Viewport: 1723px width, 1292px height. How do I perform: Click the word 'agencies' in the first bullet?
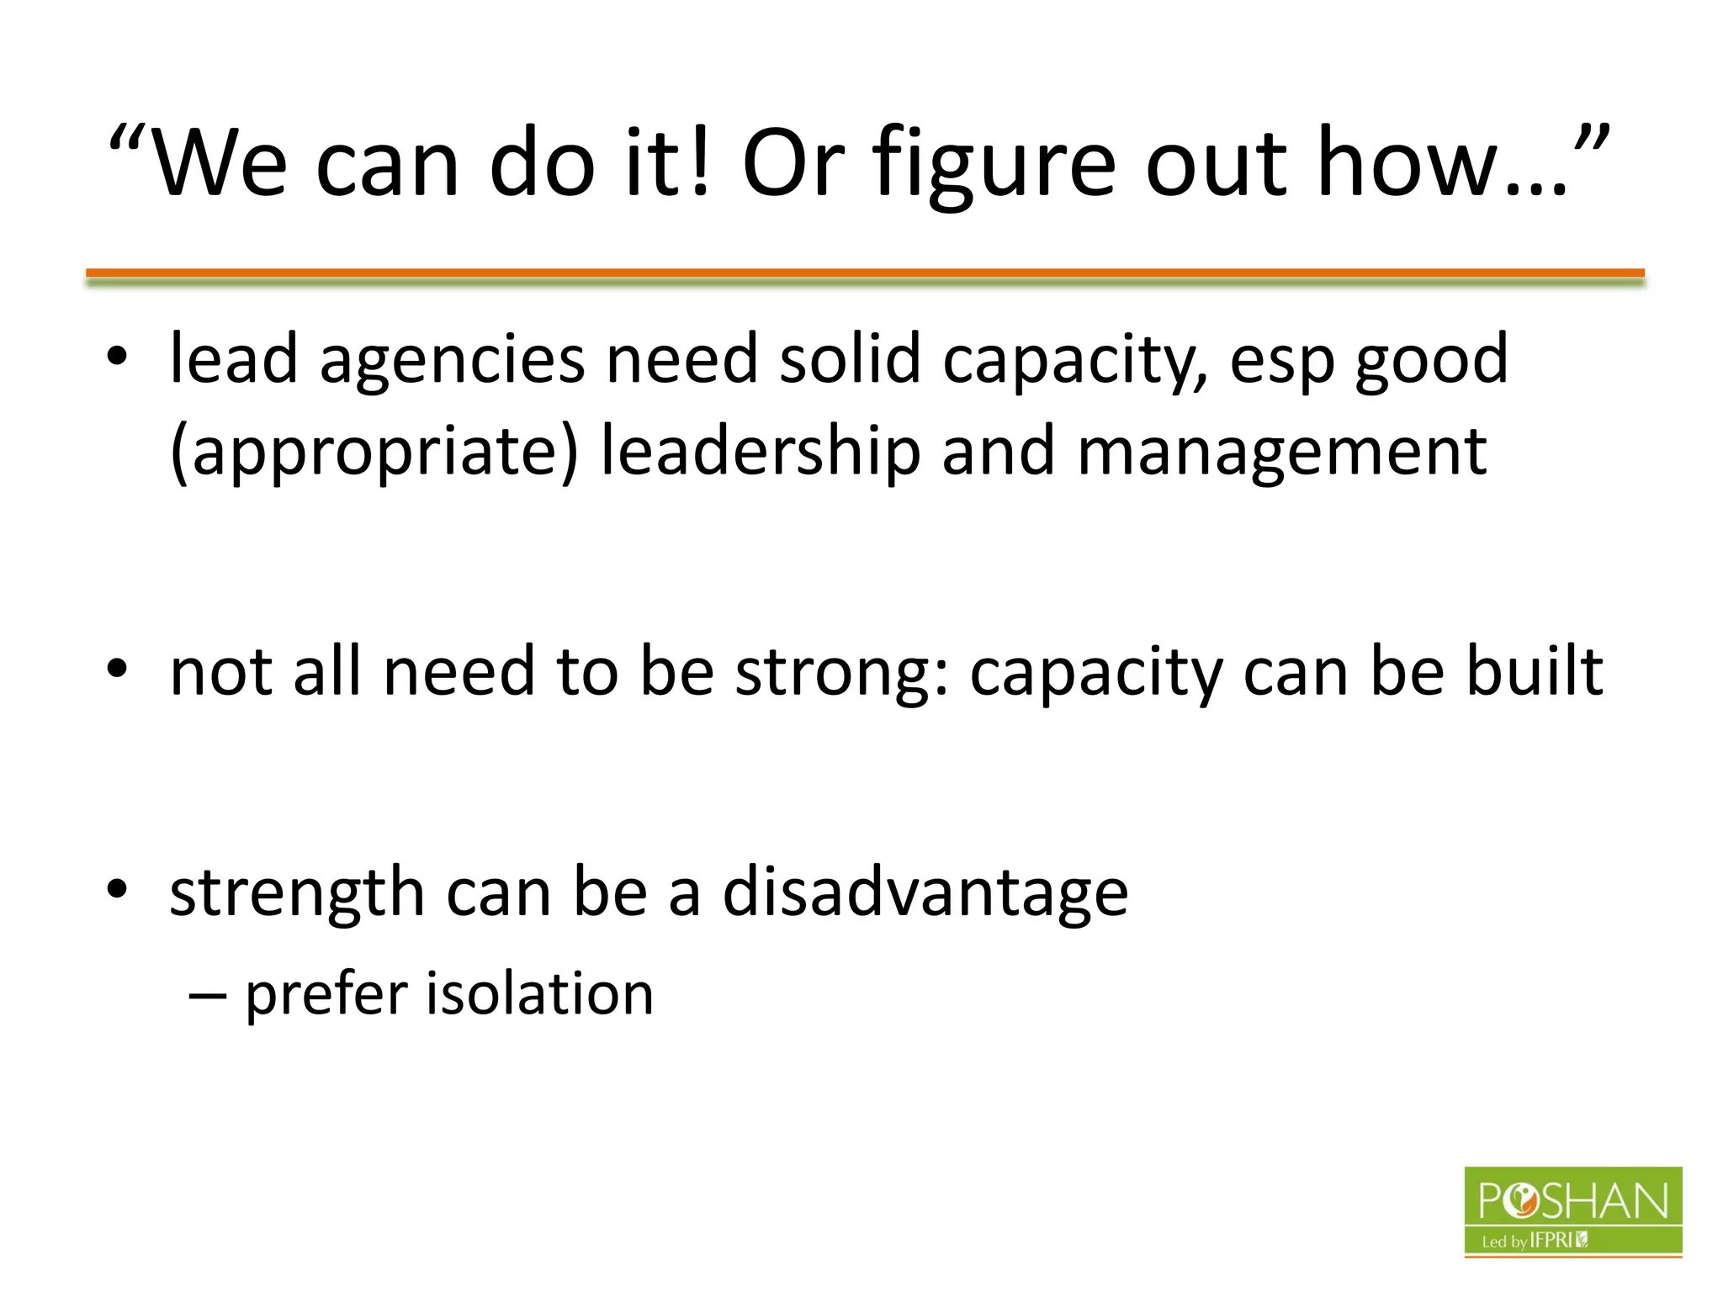point(452,360)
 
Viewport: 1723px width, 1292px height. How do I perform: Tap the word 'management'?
point(1281,452)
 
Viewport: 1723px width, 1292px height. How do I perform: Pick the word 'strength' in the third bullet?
point(296,892)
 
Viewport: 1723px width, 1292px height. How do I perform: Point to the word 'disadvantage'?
point(925,892)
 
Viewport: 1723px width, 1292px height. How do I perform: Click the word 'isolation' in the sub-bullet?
point(540,993)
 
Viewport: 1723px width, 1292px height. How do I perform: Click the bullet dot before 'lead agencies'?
point(117,357)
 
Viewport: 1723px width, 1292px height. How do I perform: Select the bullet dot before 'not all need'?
point(117,669)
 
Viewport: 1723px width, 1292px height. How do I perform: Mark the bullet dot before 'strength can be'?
point(117,889)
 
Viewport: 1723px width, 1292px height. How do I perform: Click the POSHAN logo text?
point(1572,1200)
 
